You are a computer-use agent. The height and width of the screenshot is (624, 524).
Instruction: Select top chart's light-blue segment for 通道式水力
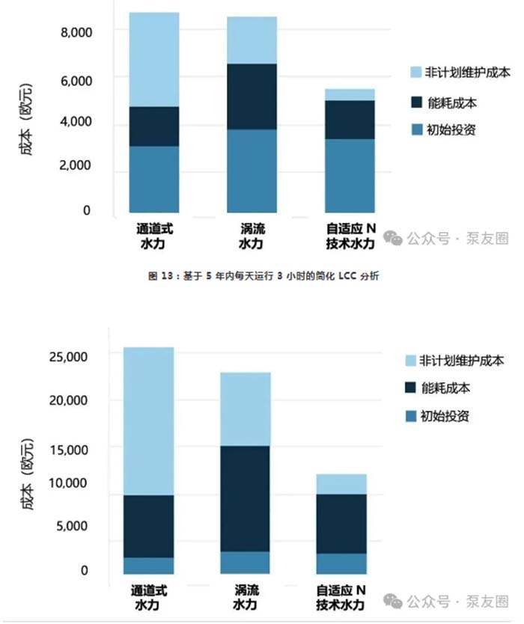coord(153,60)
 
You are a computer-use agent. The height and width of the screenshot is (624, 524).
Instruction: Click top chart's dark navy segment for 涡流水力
coord(252,97)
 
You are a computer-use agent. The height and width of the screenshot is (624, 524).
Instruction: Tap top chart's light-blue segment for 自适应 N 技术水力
coord(349,94)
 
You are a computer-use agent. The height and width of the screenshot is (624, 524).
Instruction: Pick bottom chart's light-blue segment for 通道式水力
coord(148,420)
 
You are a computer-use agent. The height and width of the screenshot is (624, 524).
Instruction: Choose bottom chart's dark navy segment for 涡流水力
coord(246,498)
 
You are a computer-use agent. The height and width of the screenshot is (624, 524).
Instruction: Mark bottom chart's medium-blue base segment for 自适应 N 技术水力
coord(341,563)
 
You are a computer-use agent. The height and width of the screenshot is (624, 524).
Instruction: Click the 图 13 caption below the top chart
coord(264,276)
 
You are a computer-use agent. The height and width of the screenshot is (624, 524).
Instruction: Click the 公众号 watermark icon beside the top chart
coord(393,238)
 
